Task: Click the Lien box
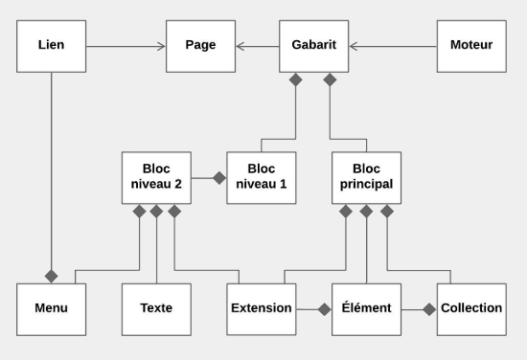(x=51, y=44)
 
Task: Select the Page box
(x=199, y=44)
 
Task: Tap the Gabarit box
(x=314, y=44)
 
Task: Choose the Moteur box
(x=471, y=44)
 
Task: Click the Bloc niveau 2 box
(x=156, y=177)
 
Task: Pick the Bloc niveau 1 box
(x=261, y=177)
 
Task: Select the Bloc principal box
(x=367, y=177)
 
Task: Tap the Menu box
(x=51, y=308)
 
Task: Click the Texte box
(x=156, y=308)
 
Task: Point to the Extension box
(x=261, y=308)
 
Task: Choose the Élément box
(x=367, y=308)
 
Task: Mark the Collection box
(x=471, y=308)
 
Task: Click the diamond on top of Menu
(x=51, y=276)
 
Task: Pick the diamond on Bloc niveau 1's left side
(x=219, y=177)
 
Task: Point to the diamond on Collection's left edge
(x=429, y=308)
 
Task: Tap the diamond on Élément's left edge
(x=325, y=308)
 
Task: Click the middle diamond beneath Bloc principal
(x=367, y=211)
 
